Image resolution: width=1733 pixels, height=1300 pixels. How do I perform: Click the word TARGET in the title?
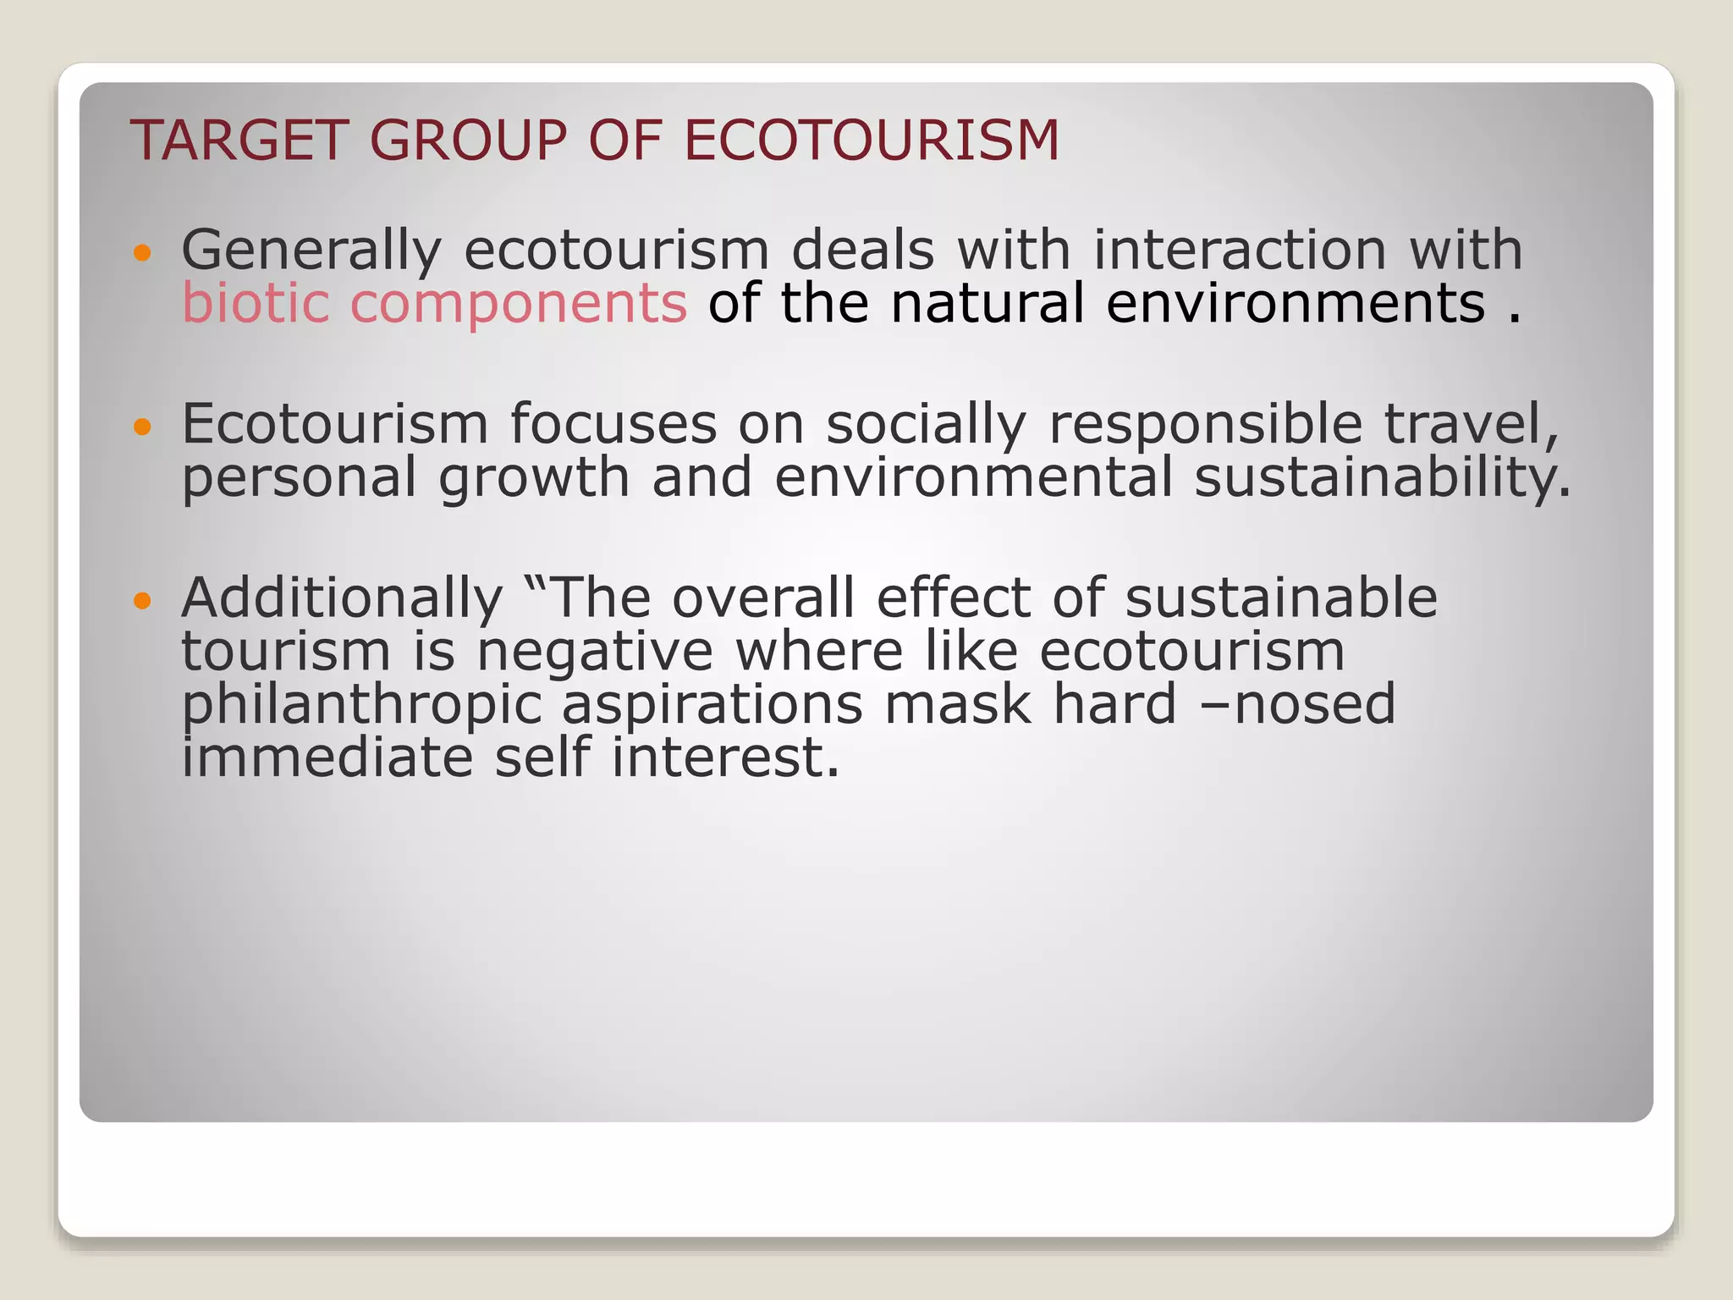pyautogui.click(x=239, y=140)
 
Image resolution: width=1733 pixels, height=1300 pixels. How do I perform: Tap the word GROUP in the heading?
pyautogui.click(x=468, y=140)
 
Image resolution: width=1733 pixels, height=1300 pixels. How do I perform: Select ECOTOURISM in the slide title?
pyautogui.click(x=871, y=140)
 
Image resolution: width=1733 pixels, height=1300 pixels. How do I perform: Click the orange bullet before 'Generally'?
pyautogui.click(x=142, y=251)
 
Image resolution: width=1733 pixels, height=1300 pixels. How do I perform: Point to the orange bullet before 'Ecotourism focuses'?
pyautogui.click(x=142, y=427)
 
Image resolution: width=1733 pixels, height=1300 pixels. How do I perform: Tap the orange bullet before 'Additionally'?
pyautogui.click(x=142, y=601)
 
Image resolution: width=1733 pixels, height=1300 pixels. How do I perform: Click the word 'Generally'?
pyautogui.click(x=311, y=251)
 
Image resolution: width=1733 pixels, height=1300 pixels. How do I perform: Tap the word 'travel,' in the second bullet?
pyautogui.click(x=1472, y=424)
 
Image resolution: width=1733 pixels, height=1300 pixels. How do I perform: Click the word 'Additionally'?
pyautogui.click(x=342, y=599)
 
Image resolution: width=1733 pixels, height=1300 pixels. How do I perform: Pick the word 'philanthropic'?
pyautogui.click(x=361, y=707)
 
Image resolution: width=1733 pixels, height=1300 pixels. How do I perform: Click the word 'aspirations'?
pyautogui.click(x=712, y=707)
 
